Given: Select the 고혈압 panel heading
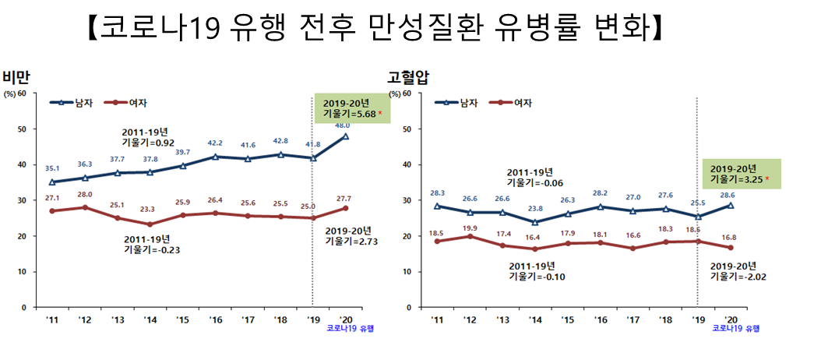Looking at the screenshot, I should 408,77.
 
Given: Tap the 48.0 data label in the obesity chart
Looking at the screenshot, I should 341,125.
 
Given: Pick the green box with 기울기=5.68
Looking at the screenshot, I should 353,108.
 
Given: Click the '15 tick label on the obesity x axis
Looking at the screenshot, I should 182,319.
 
